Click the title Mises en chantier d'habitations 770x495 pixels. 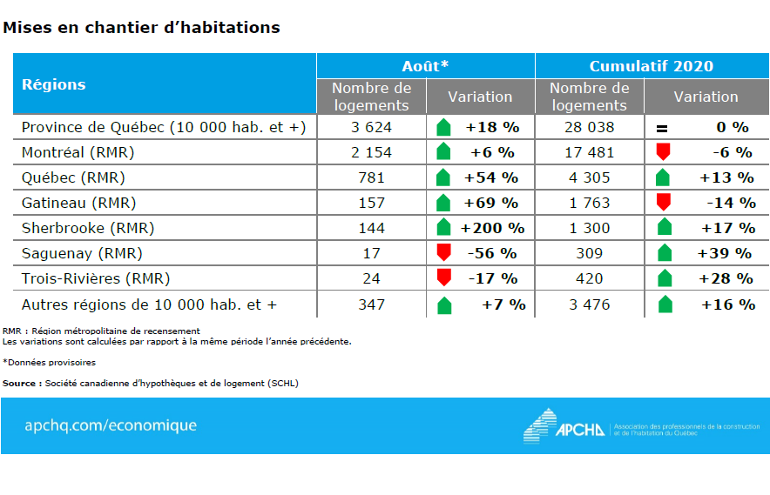(x=142, y=28)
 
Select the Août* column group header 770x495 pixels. (x=425, y=66)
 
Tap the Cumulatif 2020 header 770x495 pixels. (x=651, y=66)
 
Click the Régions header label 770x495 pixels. (x=53, y=84)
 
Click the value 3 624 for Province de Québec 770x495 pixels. (x=371, y=127)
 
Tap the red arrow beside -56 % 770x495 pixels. (x=444, y=253)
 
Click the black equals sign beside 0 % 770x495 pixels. (x=662, y=129)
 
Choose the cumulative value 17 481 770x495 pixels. (x=590, y=152)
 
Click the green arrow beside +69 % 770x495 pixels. (x=443, y=204)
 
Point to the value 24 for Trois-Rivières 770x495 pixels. (x=372, y=279)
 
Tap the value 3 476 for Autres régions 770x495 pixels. (x=590, y=304)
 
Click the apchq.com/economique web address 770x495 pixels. (x=111, y=425)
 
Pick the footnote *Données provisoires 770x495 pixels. (x=50, y=362)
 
